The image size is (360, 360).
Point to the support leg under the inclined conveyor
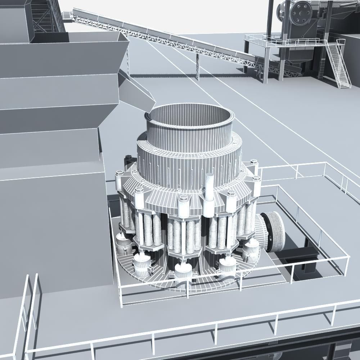pyautogui.click(x=198, y=67)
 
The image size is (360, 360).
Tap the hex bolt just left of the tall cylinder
pyautogui.click(x=183, y=199)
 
